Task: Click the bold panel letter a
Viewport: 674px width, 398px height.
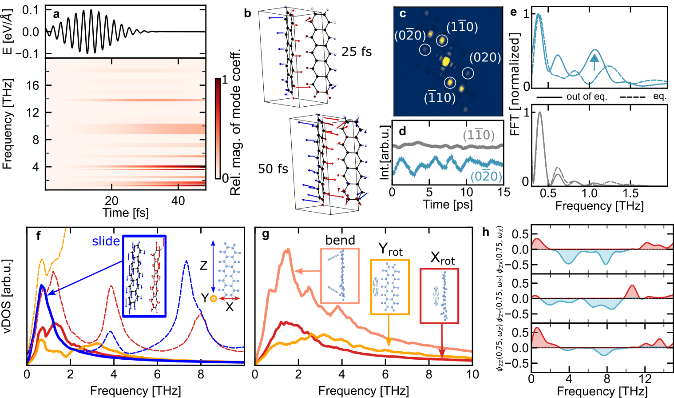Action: tap(56, 14)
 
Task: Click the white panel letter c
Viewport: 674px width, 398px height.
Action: tap(403, 14)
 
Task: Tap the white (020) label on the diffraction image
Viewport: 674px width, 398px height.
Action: tap(485, 58)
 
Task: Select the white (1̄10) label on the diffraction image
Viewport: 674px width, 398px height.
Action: tap(440, 97)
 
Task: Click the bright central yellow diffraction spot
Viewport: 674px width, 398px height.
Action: tap(446, 61)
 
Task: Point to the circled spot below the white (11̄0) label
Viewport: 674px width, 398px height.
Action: tap(442, 40)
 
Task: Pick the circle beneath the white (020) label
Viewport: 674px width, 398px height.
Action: tap(468, 73)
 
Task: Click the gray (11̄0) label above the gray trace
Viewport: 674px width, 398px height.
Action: tap(478, 135)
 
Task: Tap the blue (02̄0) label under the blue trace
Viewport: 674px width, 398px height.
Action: tap(486, 177)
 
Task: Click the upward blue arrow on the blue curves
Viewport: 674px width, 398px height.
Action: tap(594, 62)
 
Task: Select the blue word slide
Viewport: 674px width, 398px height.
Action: tap(106, 241)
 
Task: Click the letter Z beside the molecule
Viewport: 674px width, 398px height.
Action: tap(204, 265)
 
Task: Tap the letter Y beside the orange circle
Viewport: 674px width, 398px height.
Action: tap(205, 297)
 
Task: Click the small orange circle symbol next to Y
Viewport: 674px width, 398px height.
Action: tap(214, 298)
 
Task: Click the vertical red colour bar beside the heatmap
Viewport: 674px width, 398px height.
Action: tap(218, 129)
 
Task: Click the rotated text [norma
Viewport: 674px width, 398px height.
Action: tap(514, 90)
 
